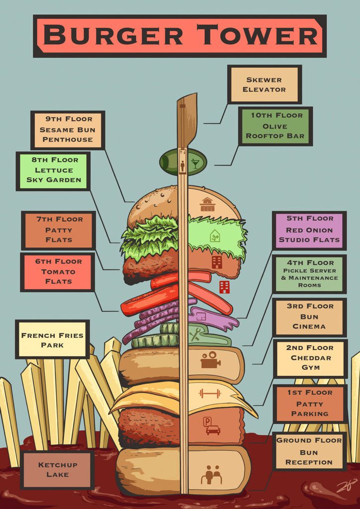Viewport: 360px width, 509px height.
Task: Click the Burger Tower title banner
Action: [180, 36]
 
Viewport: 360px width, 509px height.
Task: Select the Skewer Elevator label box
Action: [265, 85]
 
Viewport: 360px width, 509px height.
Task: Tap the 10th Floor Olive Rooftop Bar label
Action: [275, 126]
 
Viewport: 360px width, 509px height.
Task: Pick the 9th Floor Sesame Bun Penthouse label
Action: [68, 130]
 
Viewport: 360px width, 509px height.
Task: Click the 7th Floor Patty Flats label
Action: [58, 230]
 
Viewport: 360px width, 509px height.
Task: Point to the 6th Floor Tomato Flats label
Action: [58, 272]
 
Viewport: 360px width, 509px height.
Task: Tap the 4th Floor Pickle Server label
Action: [309, 274]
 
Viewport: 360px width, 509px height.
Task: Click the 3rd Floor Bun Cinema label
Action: [309, 317]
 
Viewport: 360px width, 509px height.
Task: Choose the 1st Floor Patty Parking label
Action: [310, 404]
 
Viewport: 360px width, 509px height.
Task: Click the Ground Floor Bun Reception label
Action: [309, 451]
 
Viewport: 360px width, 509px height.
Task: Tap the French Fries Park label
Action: [52, 339]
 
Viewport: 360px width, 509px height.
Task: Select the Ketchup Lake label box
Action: [57, 470]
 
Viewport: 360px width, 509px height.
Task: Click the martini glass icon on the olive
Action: [195, 163]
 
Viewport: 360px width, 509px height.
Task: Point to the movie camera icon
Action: [211, 360]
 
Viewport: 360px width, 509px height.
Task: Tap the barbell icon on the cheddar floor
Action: [209, 394]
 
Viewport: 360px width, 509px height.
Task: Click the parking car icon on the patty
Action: [211, 426]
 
